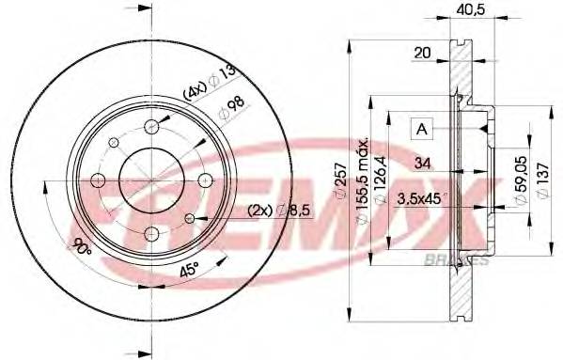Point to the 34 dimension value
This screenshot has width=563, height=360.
424,164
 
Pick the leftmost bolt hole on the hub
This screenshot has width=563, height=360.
98,180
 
